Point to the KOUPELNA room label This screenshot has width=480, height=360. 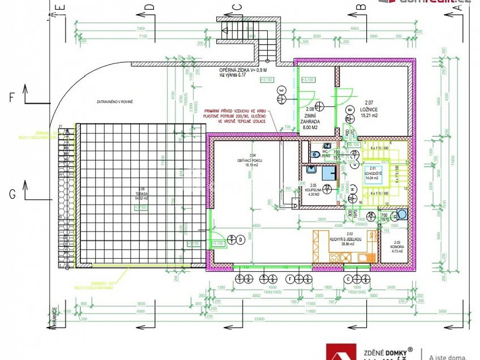pyautogui.click(x=312, y=190)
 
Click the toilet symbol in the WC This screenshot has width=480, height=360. pyautogui.click(x=314, y=153)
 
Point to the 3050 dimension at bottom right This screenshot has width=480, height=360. pyautogui.click(x=443, y=312)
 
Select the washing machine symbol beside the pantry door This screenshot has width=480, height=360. pyautogui.click(x=402, y=214)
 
